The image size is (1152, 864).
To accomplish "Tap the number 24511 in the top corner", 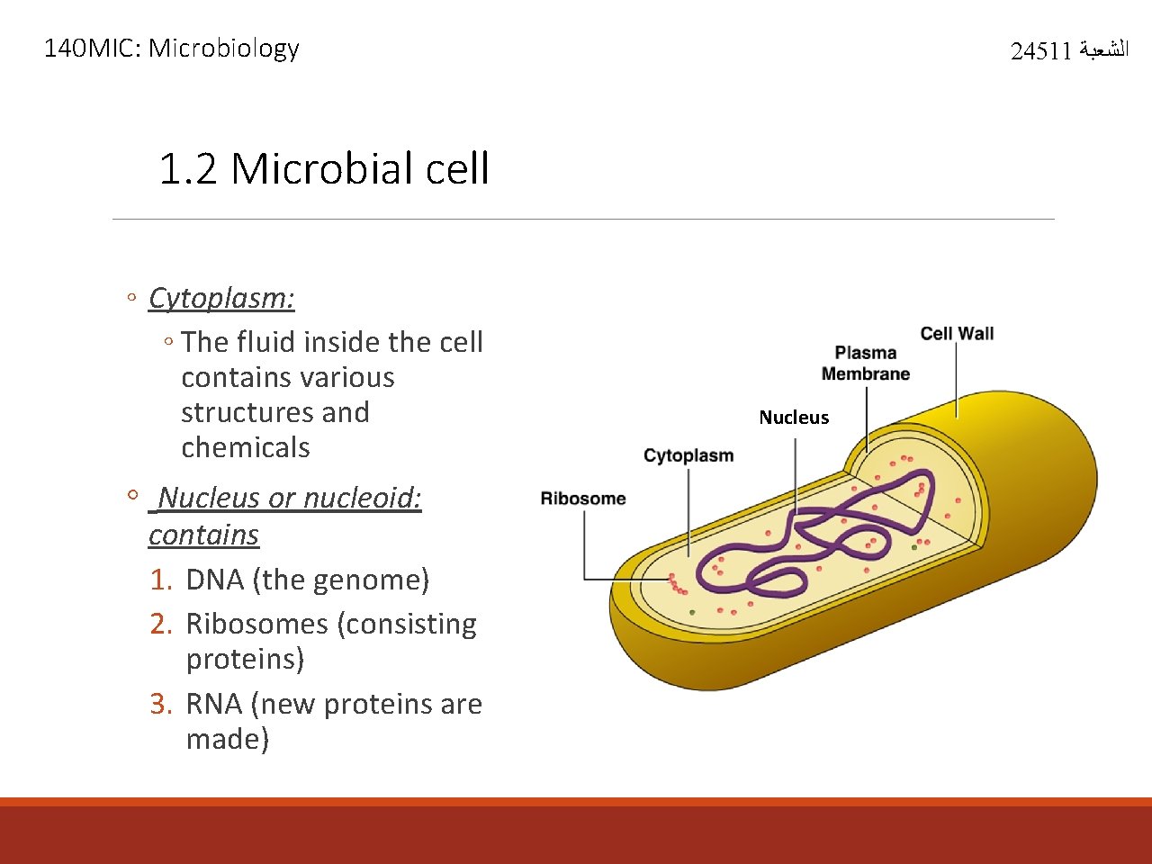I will click(x=1040, y=51).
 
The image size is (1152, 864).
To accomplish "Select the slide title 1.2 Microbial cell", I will click(x=323, y=168).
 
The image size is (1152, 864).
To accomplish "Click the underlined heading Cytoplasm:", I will click(x=221, y=298).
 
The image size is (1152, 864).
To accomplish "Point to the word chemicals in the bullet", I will click(x=246, y=447).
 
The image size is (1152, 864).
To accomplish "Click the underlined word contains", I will click(x=203, y=535).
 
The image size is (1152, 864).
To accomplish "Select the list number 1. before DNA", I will click(x=161, y=580).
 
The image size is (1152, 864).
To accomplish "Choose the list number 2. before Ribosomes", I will click(x=161, y=624).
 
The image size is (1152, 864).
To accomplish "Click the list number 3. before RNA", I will click(x=161, y=704).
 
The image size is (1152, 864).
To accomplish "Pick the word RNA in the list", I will click(x=214, y=704).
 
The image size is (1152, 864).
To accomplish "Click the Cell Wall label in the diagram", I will click(x=957, y=334).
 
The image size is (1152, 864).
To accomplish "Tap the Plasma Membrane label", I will click(x=866, y=364).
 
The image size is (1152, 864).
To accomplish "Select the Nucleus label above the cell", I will click(x=794, y=418).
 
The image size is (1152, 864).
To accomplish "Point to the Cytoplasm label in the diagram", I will click(x=688, y=455).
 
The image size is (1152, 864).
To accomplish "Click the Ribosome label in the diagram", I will click(x=583, y=499).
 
